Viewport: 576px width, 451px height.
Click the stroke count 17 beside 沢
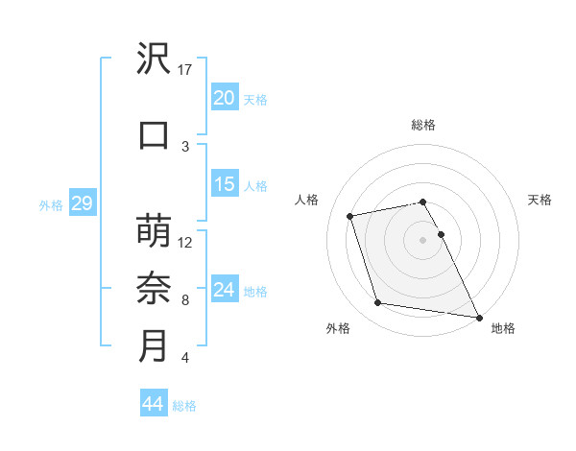click(186, 70)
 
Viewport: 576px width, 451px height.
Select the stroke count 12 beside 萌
click(186, 242)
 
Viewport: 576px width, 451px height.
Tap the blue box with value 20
click(225, 98)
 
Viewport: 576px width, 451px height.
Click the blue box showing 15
click(225, 184)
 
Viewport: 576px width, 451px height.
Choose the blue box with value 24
click(225, 290)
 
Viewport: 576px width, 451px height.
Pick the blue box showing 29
click(82, 203)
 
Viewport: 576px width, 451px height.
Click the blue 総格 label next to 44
click(184, 406)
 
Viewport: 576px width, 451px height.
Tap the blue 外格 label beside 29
click(51, 204)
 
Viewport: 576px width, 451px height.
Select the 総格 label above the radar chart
click(423, 125)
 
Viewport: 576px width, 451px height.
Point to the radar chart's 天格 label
click(540, 200)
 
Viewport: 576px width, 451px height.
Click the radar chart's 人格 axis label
click(307, 200)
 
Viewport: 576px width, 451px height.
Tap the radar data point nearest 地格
click(478, 316)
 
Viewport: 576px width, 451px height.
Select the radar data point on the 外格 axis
click(378, 303)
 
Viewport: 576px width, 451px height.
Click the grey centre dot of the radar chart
click(423, 239)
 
